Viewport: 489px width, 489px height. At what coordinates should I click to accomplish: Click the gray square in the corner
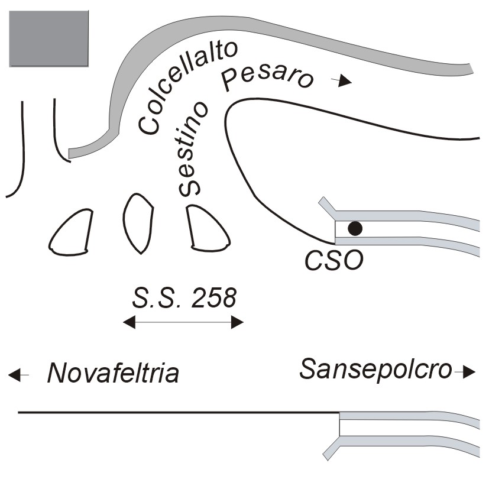coord(48,38)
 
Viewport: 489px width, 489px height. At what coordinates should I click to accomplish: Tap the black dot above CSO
coord(355,228)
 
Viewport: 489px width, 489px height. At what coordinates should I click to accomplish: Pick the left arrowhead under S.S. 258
coord(129,322)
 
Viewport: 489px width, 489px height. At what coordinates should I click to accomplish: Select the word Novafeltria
coord(113,374)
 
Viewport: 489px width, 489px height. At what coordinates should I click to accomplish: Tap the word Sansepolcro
coord(376,370)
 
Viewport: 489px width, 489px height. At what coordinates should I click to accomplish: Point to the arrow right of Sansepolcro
coord(467,372)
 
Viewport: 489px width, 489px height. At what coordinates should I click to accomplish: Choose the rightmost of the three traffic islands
coord(206,228)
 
